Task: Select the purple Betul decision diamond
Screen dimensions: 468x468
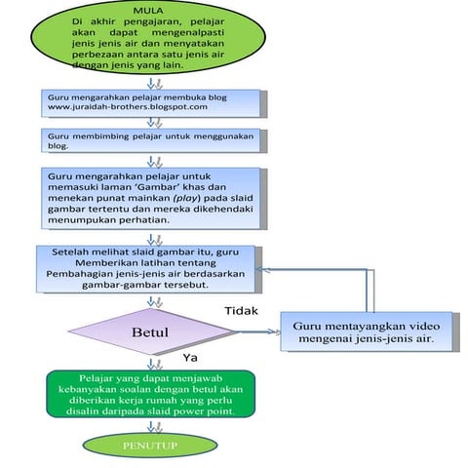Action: [148, 331]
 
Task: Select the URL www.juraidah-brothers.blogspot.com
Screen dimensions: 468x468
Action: [127, 107]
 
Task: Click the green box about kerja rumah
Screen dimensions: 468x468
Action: [150, 393]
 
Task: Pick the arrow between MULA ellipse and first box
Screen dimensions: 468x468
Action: [151, 83]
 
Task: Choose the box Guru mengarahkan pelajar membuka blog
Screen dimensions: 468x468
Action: [151, 101]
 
